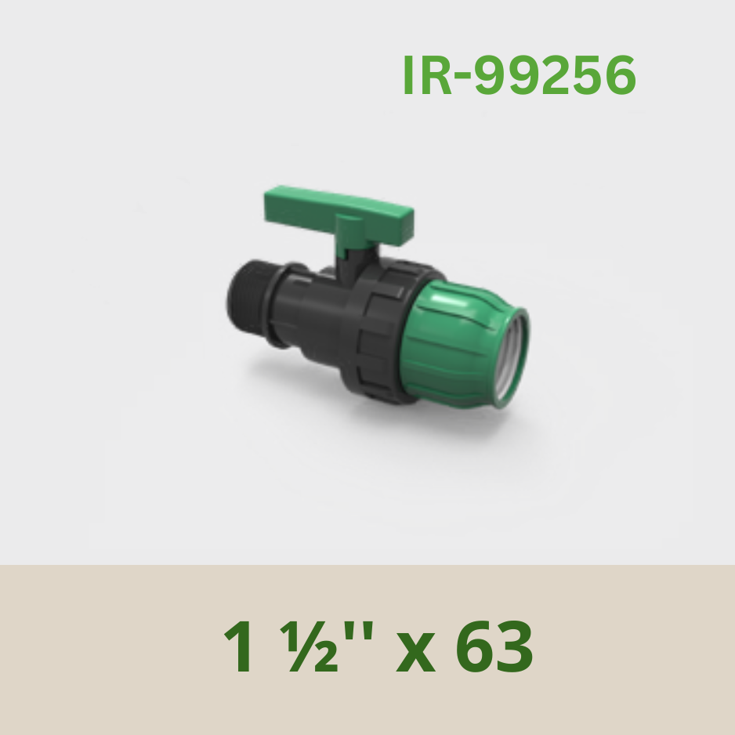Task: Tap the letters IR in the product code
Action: (x=428, y=75)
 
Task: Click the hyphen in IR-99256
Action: (x=462, y=78)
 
